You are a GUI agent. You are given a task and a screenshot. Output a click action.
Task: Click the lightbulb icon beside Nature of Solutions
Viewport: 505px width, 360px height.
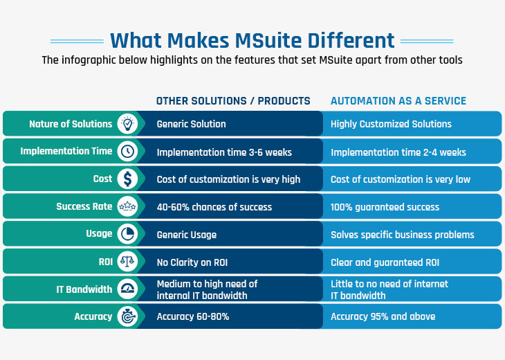click(x=127, y=123)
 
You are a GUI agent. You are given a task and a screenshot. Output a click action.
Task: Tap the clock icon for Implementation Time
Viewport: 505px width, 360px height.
click(x=127, y=151)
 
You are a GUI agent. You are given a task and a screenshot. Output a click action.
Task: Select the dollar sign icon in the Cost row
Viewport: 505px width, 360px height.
click(x=127, y=179)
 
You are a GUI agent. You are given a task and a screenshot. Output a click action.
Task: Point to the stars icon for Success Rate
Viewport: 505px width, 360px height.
click(x=127, y=206)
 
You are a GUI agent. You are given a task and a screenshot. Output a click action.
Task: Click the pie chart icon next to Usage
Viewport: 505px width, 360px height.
click(x=127, y=234)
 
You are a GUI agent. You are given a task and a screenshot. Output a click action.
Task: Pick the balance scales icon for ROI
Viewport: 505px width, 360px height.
click(x=127, y=262)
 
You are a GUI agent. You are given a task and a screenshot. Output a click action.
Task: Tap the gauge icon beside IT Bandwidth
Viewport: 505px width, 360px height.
click(x=127, y=289)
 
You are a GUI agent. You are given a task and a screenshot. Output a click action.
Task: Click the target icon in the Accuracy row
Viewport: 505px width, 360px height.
click(x=127, y=316)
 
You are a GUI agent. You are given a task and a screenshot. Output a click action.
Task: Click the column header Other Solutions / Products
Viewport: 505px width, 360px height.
click(x=233, y=101)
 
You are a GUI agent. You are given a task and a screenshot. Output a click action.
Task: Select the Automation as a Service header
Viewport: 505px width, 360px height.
click(x=398, y=101)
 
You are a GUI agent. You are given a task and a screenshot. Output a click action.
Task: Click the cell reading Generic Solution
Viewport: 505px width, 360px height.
click(x=192, y=124)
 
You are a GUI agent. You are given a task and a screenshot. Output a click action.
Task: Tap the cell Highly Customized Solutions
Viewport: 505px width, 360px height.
click(x=391, y=124)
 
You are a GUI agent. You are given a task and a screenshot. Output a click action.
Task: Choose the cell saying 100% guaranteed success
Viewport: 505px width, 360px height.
click(x=385, y=207)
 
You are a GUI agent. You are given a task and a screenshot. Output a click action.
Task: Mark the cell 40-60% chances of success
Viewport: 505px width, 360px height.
click(x=214, y=207)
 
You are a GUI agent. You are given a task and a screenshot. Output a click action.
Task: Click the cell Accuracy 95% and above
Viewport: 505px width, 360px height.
click(x=383, y=316)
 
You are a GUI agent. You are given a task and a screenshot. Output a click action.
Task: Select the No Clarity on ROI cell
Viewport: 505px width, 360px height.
click(x=192, y=262)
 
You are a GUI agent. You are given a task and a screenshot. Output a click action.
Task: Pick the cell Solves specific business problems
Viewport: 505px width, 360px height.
click(x=402, y=235)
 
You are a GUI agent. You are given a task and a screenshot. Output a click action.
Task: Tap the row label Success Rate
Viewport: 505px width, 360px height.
click(x=84, y=206)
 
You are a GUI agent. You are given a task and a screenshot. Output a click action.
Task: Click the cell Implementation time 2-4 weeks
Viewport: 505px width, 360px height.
click(x=398, y=152)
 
